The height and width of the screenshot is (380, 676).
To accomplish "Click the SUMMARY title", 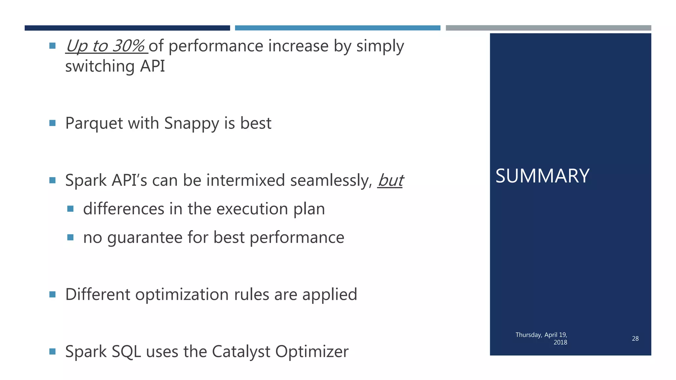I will click(x=542, y=176).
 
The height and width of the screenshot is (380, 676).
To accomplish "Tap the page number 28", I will click(x=635, y=338).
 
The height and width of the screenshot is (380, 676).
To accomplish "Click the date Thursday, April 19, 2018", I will click(x=541, y=338).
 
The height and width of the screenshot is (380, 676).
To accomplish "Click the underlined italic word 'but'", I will click(x=390, y=180).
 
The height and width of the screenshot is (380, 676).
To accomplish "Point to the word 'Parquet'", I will click(x=94, y=123).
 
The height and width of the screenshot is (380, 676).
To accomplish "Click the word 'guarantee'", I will click(x=145, y=237).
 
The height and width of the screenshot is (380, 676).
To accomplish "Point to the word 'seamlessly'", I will click(x=331, y=180).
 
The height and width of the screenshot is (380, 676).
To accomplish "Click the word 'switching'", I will click(x=100, y=66).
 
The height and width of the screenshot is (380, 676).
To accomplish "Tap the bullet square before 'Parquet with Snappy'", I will click(x=52, y=123).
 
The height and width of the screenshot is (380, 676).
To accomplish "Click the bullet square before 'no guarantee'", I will click(x=70, y=237).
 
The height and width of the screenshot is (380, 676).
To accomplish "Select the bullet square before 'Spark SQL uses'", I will click(x=52, y=351).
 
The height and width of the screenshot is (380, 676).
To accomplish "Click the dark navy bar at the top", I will click(x=127, y=28).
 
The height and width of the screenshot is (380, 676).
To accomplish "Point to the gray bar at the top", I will click(x=548, y=28).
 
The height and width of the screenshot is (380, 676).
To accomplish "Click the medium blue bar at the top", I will click(x=337, y=28).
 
